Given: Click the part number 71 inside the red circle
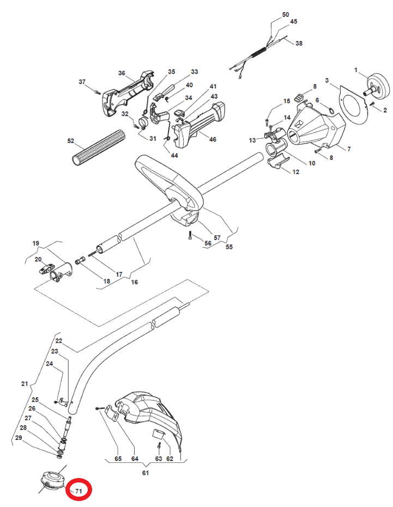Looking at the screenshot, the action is coord(79,491).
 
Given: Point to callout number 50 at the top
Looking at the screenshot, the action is coord(286,15).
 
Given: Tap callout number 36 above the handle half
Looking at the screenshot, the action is coord(122,73).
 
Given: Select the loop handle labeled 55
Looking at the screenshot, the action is coord(170,184).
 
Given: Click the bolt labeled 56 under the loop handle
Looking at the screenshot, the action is coord(190,235).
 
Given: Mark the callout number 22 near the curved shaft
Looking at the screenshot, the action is coord(58,341).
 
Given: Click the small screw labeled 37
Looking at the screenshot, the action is coord(97,92).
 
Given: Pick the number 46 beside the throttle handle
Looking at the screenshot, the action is coord(213,139).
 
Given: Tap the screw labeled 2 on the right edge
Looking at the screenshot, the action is coord(372,104).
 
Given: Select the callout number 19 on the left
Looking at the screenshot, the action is coord(35,243).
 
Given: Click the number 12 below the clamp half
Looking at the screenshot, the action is coord(295,172).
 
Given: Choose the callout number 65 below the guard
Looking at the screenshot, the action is coord(118,459).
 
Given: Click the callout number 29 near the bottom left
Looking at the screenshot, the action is coord(19,438).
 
